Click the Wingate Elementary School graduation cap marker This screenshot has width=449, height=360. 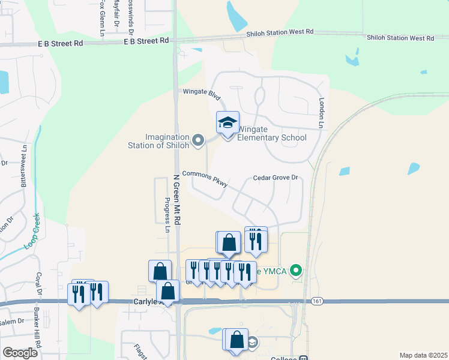point(228,123)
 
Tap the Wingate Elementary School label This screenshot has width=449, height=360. point(272,133)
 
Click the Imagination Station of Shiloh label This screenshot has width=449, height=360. point(158,141)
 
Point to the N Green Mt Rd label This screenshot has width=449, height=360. point(177,199)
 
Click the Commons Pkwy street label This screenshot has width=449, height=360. point(205,178)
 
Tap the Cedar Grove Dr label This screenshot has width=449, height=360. point(276,178)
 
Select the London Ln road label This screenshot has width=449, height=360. point(322,113)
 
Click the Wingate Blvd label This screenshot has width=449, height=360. point(202,95)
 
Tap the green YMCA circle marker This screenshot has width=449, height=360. point(295,272)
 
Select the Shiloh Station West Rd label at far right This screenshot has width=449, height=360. point(401,38)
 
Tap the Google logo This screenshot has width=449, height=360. point(20,353)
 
